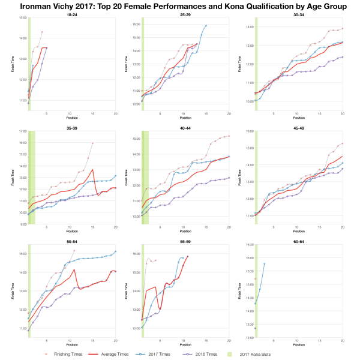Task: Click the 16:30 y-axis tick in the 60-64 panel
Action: coord(249,244)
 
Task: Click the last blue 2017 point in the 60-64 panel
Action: coord(264,264)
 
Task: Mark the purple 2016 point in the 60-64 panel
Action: coord(255,328)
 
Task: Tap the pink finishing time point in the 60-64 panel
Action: coord(255,279)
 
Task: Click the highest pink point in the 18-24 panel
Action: coord(42,32)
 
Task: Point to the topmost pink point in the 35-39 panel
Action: coord(93,143)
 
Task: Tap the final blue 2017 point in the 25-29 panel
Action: coord(206,26)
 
